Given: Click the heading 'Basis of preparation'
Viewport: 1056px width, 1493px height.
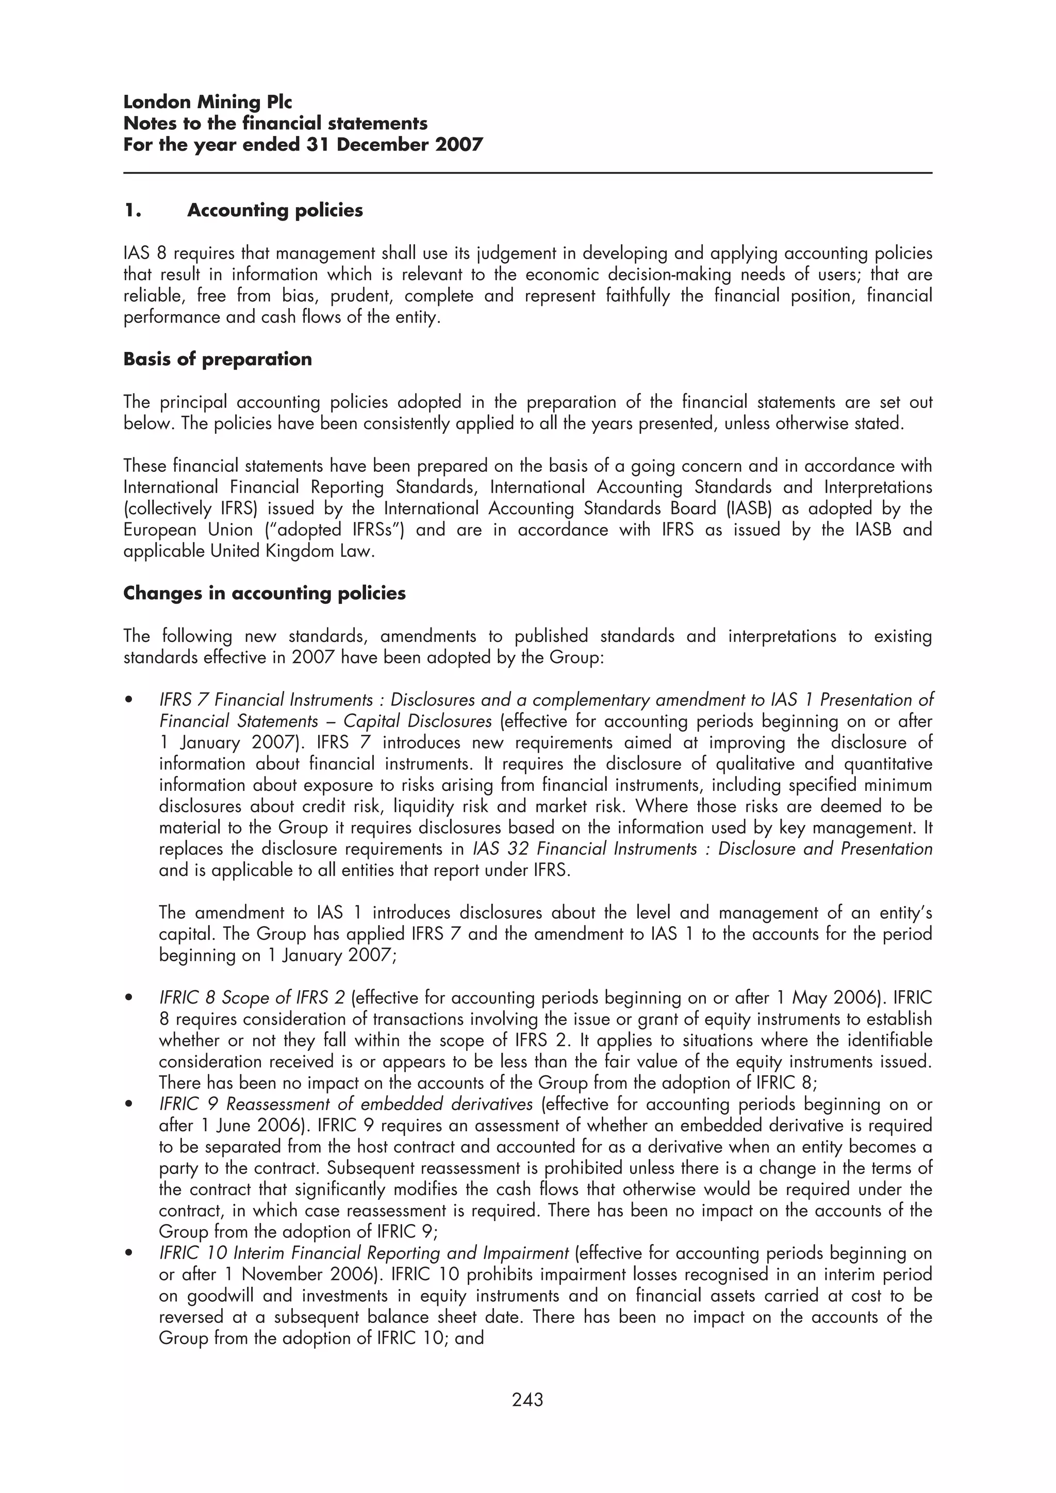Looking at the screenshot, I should coord(217,359).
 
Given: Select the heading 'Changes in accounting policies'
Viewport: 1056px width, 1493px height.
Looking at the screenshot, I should coord(264,593).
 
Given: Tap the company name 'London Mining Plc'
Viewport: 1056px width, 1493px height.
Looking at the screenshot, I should coord(208,102).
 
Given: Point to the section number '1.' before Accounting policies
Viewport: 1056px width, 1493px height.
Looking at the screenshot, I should coord(133,210).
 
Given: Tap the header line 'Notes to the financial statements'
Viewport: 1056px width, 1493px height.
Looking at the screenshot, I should coord(275,124).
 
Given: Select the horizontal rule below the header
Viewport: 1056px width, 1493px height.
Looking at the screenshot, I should coord(527,173).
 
